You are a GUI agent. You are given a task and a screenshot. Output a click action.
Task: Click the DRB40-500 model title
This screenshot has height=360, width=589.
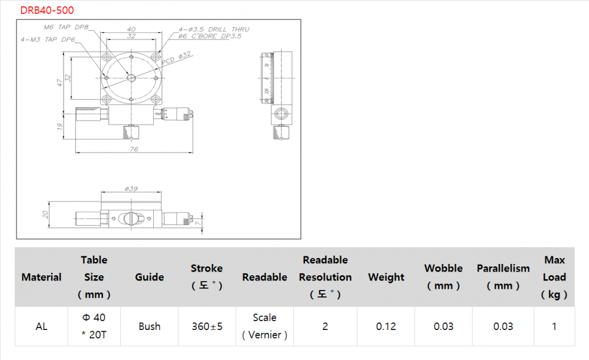pyautogui.click(x=47, y=10)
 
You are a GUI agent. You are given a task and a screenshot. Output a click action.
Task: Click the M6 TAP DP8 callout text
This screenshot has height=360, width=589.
pyautogui.click(x=66, y=27)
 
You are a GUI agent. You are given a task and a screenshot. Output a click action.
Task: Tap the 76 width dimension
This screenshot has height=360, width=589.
pyautogui.click(x=134, y=150)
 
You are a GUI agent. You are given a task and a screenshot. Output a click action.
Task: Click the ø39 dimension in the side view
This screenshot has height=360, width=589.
pyautogui.click(x=131, y=189)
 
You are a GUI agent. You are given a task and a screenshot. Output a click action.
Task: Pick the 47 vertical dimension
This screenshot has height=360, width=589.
pyautogui.click(x=59, y=82)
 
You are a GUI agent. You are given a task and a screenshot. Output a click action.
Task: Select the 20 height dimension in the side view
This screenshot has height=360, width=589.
pyautogui.click(x=45, y=214)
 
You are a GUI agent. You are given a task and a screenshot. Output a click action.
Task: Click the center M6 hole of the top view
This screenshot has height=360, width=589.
pyautogui.click(x=131, y=78)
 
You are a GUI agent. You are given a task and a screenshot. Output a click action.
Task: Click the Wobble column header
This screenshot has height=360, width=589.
pyautogui.click(x=444, y=276)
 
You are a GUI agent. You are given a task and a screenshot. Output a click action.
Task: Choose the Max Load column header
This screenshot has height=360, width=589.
pyautogui.click(x=554, y=277)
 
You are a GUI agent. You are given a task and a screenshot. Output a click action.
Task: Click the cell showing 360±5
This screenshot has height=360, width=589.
pyautogui.click(x=207, y=326)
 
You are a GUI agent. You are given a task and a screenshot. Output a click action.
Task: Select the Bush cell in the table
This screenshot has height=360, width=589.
pyautogui.click(x=150, y=326)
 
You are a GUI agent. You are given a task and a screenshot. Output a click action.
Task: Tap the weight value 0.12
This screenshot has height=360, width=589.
pyautogui.click(x=386, y=326)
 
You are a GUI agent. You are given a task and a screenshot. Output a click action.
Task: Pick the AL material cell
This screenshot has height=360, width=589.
pyautogui.click(x=41, y=326)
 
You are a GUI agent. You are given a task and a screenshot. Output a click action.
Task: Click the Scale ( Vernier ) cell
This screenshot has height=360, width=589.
pyautogui.click(x=264, y=326)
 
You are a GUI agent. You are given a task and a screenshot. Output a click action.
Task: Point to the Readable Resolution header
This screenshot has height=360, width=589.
pyautogui.click(x=325, y=276)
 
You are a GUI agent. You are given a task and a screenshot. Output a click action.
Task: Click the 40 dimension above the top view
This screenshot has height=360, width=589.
pyautogui.click(x=131, y=29)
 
